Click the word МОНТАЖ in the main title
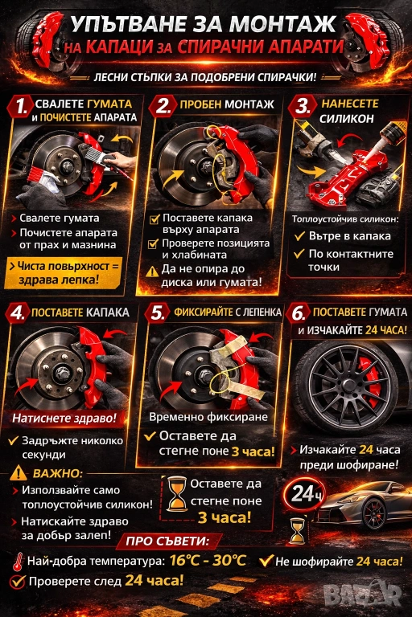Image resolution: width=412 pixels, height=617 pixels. click(x=282, y=24)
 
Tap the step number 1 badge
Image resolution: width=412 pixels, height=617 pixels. click(x=20, y=106)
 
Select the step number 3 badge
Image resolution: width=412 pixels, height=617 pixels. click(x=302, y=106)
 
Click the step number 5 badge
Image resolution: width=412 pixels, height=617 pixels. click(x=157, y=313)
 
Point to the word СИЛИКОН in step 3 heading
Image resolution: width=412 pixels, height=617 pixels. click(x=347, y=118)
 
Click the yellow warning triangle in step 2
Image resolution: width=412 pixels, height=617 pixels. click(x=152, y=272)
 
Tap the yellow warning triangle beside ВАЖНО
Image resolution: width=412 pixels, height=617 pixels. click(x=19, y=472)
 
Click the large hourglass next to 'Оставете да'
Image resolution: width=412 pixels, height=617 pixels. click(x=176, y=494)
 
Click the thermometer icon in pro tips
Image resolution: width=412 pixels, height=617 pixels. click(x=18, y=562)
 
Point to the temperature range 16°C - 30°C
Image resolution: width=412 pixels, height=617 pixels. click(x=208, y=560)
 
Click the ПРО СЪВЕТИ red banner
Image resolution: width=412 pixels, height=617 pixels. click(x=169, y=541)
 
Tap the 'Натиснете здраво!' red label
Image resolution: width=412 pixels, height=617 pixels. click(x=64, y=418)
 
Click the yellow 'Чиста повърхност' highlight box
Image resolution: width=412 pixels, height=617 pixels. click(x=64, y=272)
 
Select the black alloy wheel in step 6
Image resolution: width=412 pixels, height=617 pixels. click(x=346, y=385)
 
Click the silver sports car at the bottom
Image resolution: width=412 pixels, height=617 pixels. click(x=363, y=506)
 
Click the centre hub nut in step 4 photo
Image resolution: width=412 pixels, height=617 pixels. click(x=61, y=370)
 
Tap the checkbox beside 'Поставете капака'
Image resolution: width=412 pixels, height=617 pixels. click(x=154, y=219)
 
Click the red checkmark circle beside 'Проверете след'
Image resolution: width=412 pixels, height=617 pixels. click(x=18, y=582)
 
